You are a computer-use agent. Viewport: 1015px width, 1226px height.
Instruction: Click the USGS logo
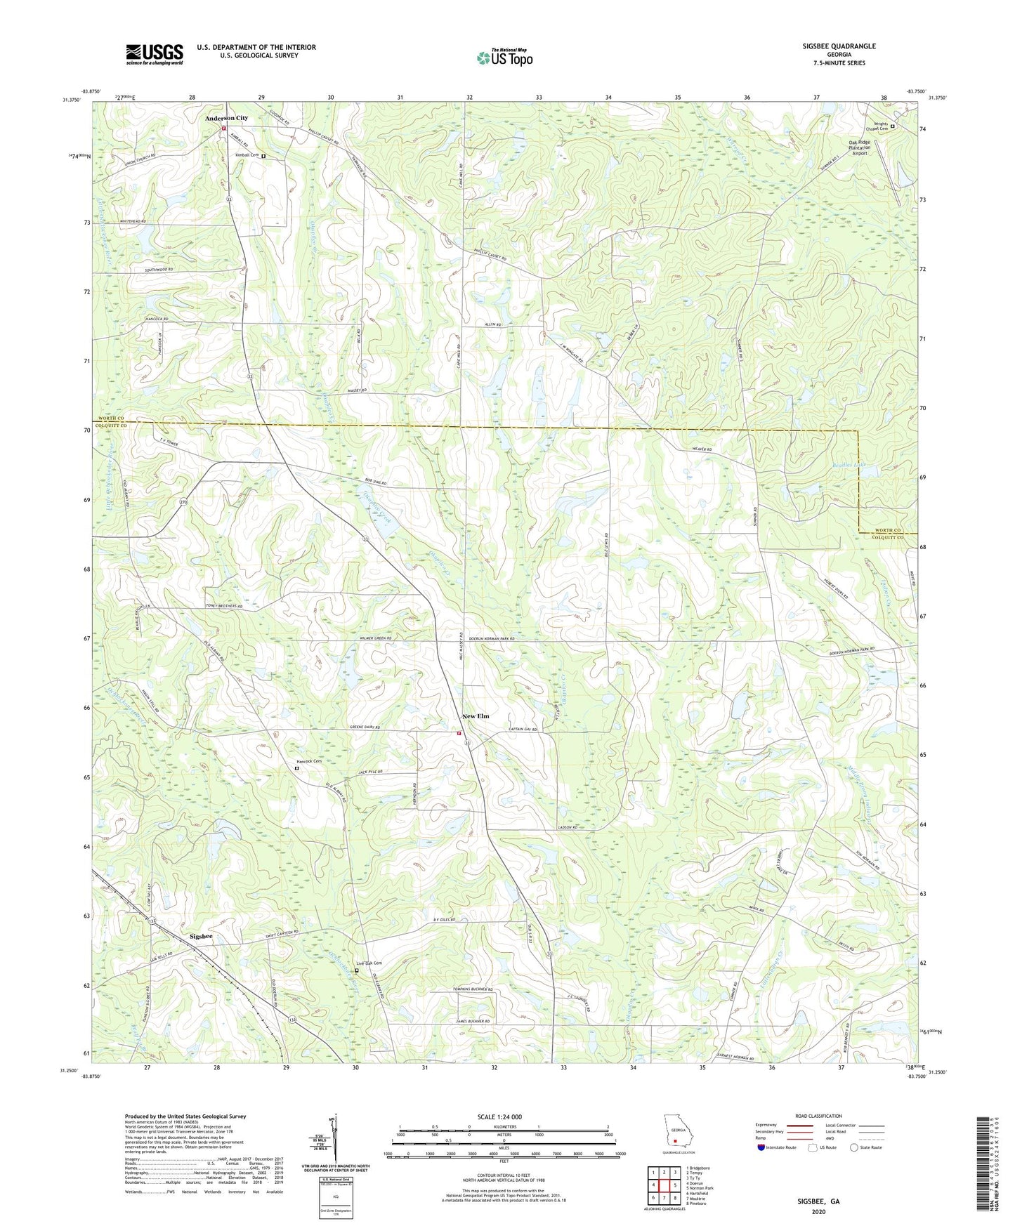click(155, 54)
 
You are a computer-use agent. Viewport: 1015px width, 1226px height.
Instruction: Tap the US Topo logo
click(504, 58)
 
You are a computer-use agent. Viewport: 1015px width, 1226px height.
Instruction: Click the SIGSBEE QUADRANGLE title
click(839, 46)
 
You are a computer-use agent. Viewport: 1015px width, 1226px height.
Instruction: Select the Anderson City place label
click(226, 118)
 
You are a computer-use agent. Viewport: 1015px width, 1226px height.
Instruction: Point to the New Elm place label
click(476, 716)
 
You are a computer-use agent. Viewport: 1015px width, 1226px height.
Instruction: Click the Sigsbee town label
click(201, 937)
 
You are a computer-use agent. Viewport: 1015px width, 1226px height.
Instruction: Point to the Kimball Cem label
click(247, 155)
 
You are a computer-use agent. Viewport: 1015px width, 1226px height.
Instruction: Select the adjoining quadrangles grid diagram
click(664, 1185)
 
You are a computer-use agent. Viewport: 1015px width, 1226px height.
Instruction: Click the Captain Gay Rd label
click(523, 730)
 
